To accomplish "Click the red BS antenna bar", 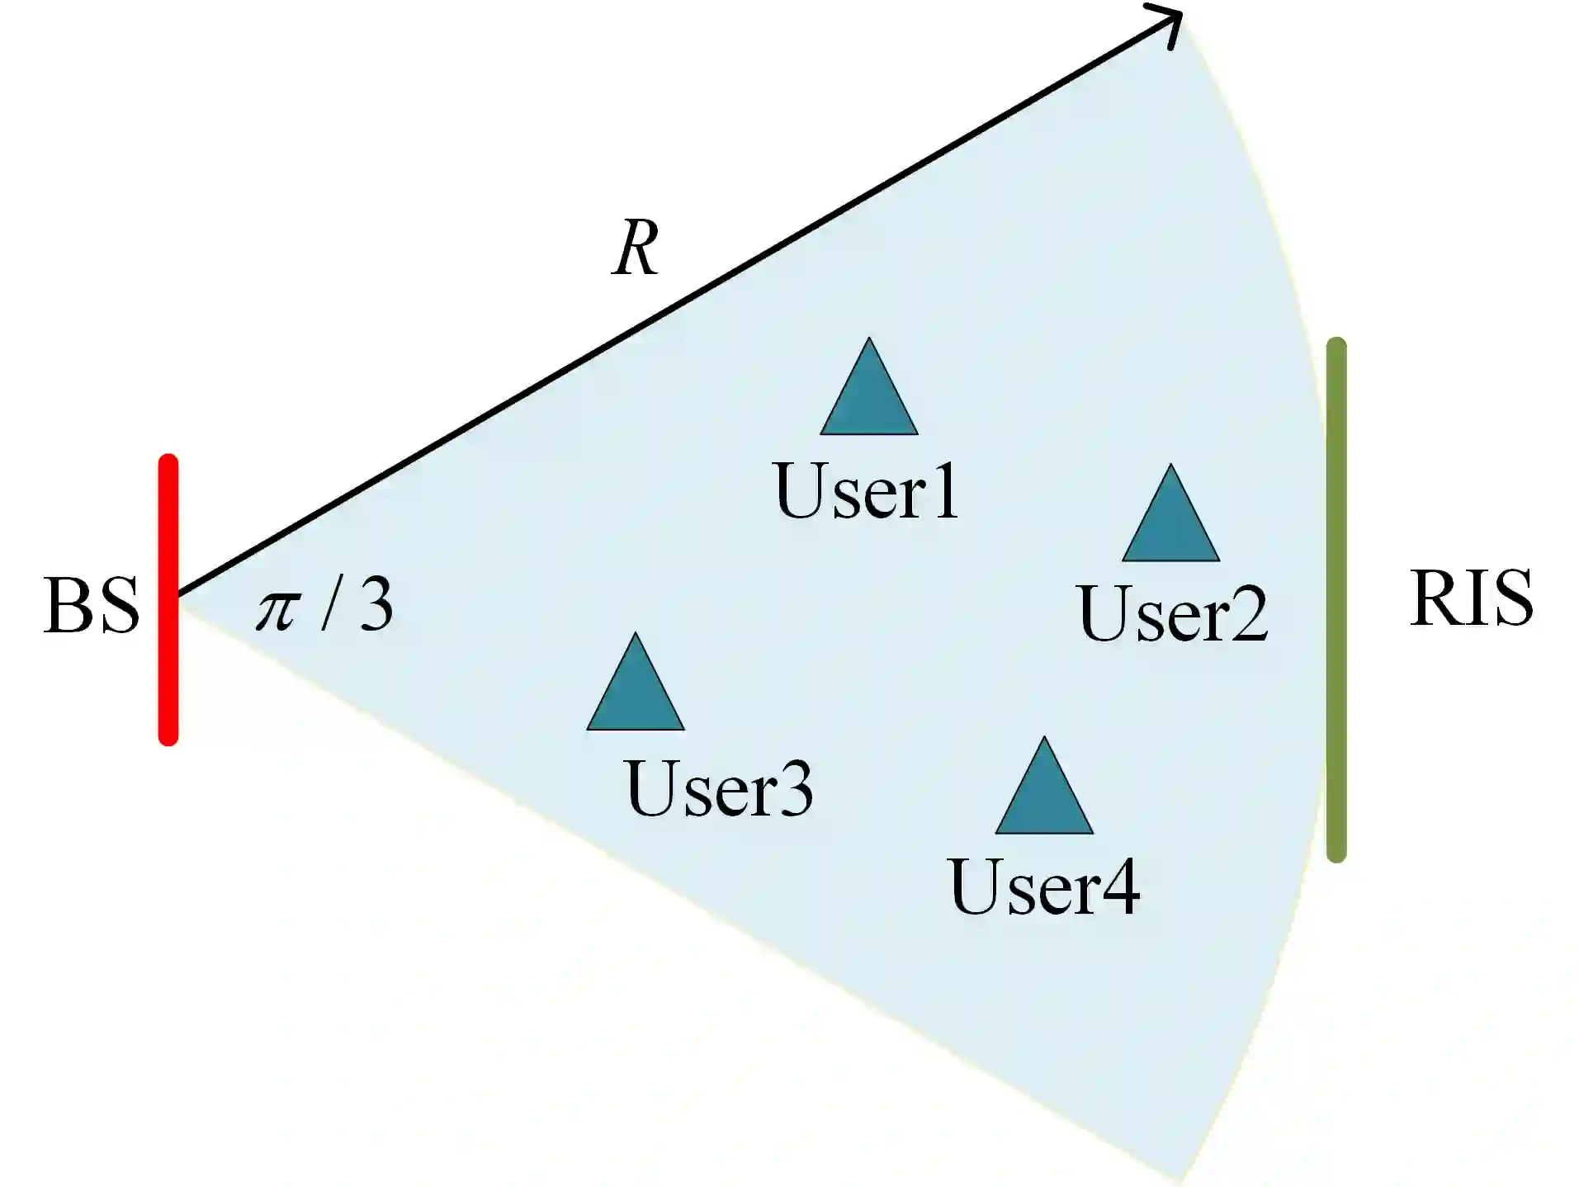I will click(168, 599).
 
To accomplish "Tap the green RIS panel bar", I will click(1336, 599).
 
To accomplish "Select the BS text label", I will click(91, 606).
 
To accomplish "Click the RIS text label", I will click(1471, 598).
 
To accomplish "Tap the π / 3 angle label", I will click(324, 605).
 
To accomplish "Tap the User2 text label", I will click(1172, 613).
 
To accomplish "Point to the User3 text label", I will click(719, 788).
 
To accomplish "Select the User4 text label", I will click(1044, 887).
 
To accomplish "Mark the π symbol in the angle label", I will click(277, 611).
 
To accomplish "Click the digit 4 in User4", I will click(1118, 887).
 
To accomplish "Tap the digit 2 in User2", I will click(1245, 613).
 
